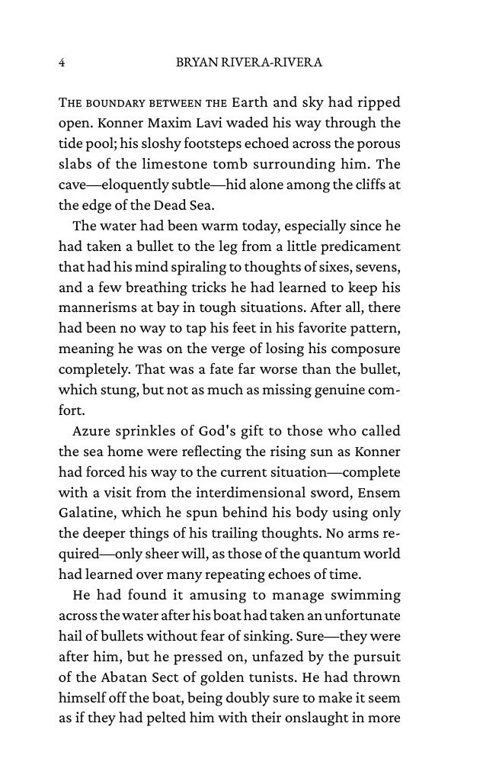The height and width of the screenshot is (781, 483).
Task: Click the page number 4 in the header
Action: click(x=62, y=63)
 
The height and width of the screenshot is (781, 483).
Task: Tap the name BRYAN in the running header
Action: click(x=196, y=63)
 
